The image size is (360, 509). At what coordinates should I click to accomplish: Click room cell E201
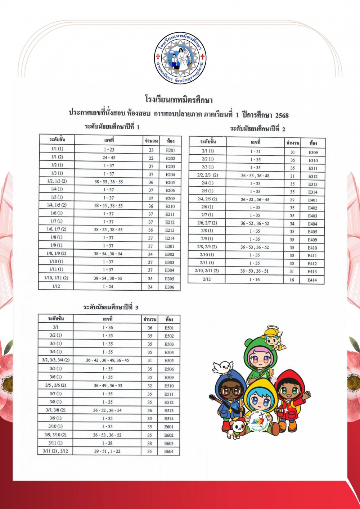[170, 150]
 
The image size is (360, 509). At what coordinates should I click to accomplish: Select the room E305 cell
[170, 279]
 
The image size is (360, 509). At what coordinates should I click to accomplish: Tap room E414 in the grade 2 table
[312, 280]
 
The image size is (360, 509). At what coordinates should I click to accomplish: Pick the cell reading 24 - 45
[109, 158]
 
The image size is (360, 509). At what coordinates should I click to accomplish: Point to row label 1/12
[56, 287]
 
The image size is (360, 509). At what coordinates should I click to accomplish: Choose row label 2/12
[207, 280]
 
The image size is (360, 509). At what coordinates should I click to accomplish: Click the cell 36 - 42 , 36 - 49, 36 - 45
[107, 360]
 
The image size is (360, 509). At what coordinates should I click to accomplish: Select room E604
[169, 451]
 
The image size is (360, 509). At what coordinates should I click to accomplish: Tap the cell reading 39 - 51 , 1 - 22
[107, 451]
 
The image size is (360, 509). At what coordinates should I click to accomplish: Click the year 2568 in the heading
[282, 115]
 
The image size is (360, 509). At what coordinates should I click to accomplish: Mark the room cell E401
[312, 200]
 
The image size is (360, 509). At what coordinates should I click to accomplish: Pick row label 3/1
[56, 328]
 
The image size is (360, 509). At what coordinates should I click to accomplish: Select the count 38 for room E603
[149, 444]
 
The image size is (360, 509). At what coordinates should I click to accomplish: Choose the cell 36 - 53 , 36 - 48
[255, 176]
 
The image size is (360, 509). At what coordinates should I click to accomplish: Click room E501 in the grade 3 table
[169, 328]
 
